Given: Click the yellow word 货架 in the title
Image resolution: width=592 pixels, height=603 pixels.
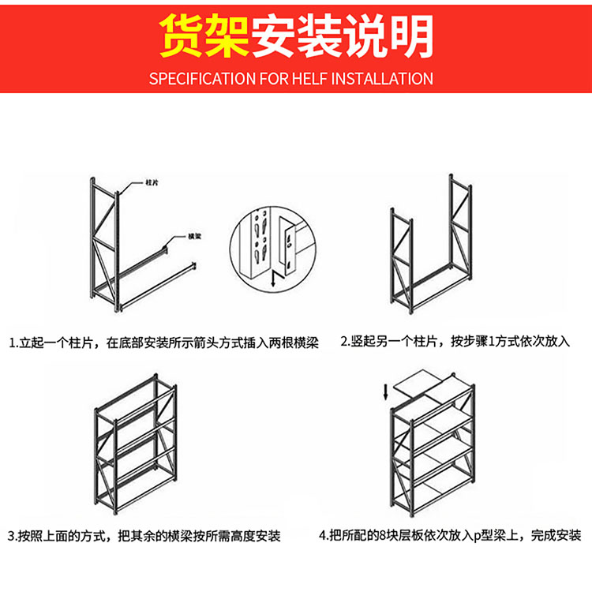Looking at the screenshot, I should [x=204, y=36].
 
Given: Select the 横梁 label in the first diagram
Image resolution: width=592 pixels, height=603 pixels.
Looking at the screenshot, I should [x=193, y=236].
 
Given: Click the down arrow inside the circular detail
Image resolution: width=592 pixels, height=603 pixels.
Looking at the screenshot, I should [x=272, y=278].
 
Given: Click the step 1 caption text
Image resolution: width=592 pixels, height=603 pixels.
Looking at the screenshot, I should [x=163, y=343].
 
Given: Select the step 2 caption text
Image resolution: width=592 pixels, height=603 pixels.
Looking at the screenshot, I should [x=455, y=342].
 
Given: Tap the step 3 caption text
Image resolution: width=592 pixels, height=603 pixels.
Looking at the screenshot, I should [x=144, y=536].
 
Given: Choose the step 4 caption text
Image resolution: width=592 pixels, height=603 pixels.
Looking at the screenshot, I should [x=450, y=535].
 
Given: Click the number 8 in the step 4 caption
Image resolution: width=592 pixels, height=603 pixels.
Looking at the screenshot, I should [x=383, y=536].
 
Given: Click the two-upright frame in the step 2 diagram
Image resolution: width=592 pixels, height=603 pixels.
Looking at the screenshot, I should [x=430, y=249].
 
